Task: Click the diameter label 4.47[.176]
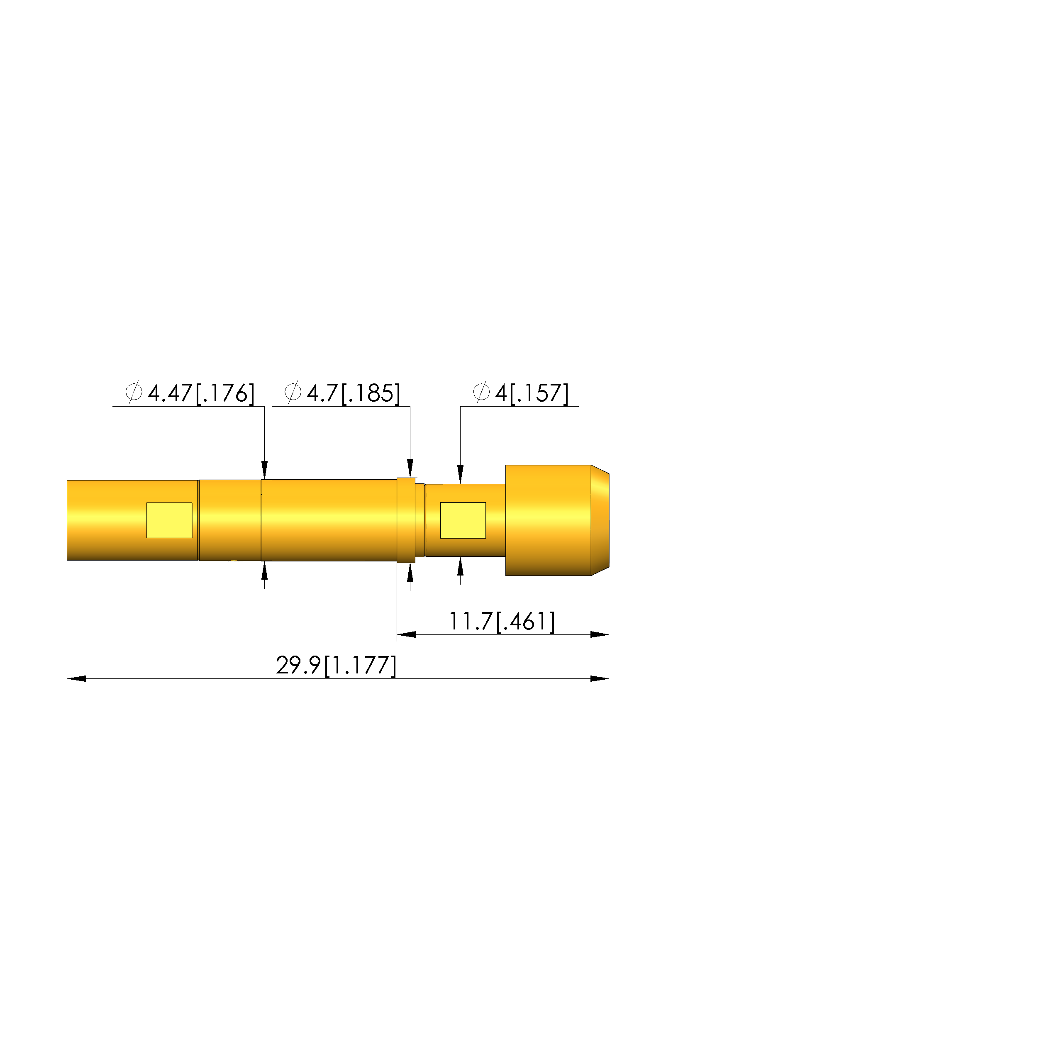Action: point(200,393)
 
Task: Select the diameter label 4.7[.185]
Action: point(354,393)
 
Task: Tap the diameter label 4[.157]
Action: point(532,393)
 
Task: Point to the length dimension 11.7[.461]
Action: point(502,622)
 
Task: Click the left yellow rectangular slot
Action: point(169,520)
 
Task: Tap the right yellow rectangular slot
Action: point(463,520)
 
